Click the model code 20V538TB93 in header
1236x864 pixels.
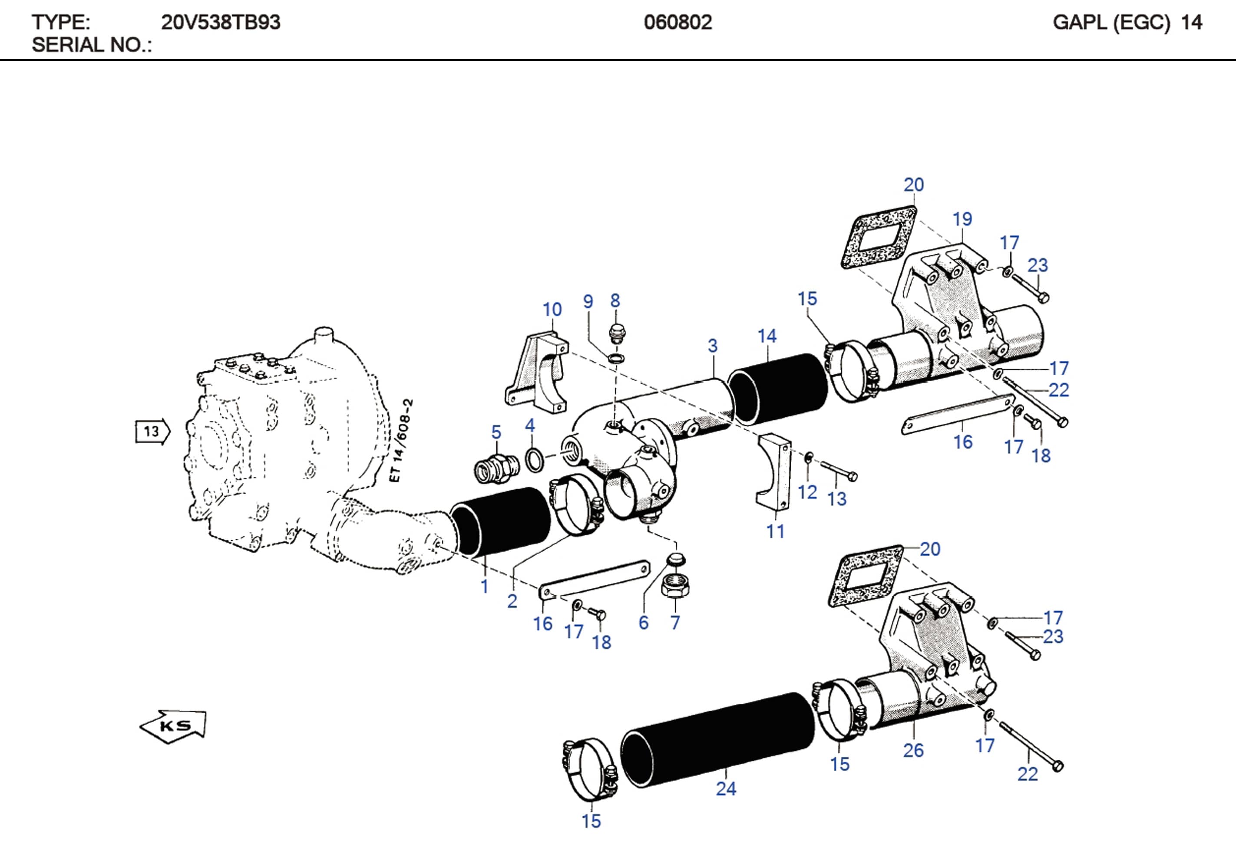(x=220, y=23)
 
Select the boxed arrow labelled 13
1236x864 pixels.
(x=152, y=431)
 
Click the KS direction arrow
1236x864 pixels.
(x=173, y=726)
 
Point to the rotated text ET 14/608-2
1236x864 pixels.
(x=400, y=440)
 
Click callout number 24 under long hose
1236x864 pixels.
(x=726, y=788)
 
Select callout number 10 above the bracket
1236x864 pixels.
(x=552, y=310)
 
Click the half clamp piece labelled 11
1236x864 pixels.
(x=773, y=473)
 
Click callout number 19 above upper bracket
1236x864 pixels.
(x=962, y=219)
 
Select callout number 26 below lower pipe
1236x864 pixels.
(x=913, y=750)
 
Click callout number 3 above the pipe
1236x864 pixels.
(x=712, y=346)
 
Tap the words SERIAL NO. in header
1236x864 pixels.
(x=92, y=45)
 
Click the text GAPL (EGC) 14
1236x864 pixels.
(x=1127, y=23)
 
